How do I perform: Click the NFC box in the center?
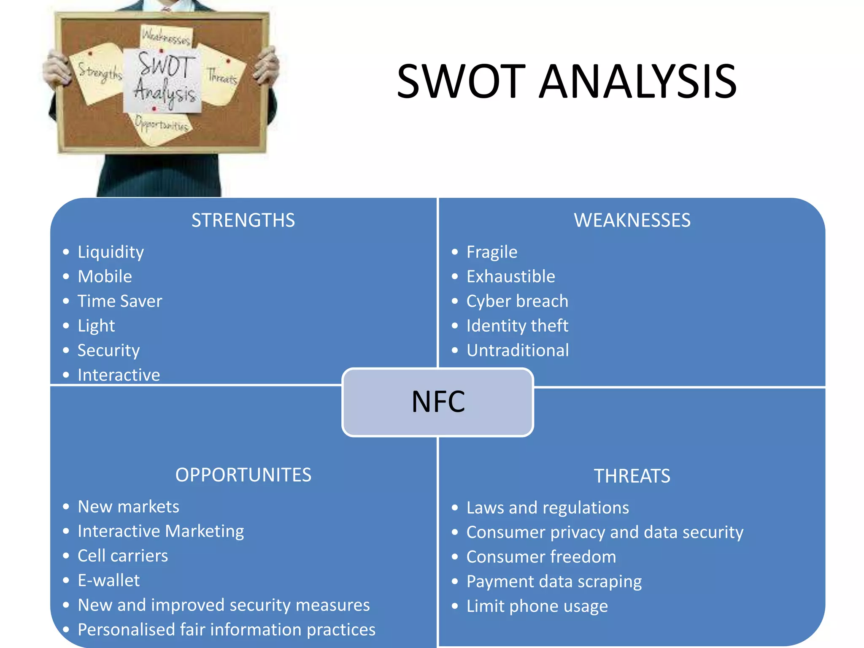437,402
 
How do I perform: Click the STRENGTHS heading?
243,220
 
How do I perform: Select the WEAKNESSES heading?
632,220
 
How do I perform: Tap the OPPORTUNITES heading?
243,475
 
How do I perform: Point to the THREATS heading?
632,476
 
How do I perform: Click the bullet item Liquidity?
111,252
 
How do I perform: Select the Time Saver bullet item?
120,301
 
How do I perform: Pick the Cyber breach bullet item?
517,301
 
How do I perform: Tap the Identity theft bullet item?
517,326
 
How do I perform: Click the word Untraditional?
518,350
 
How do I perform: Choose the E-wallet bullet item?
108,580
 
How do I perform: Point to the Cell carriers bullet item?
123,556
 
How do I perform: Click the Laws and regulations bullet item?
548,508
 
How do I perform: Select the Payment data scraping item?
554,582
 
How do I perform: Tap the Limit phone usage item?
537,606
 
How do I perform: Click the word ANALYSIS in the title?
638,81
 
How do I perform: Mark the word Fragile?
492,252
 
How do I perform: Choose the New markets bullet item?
128,507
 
